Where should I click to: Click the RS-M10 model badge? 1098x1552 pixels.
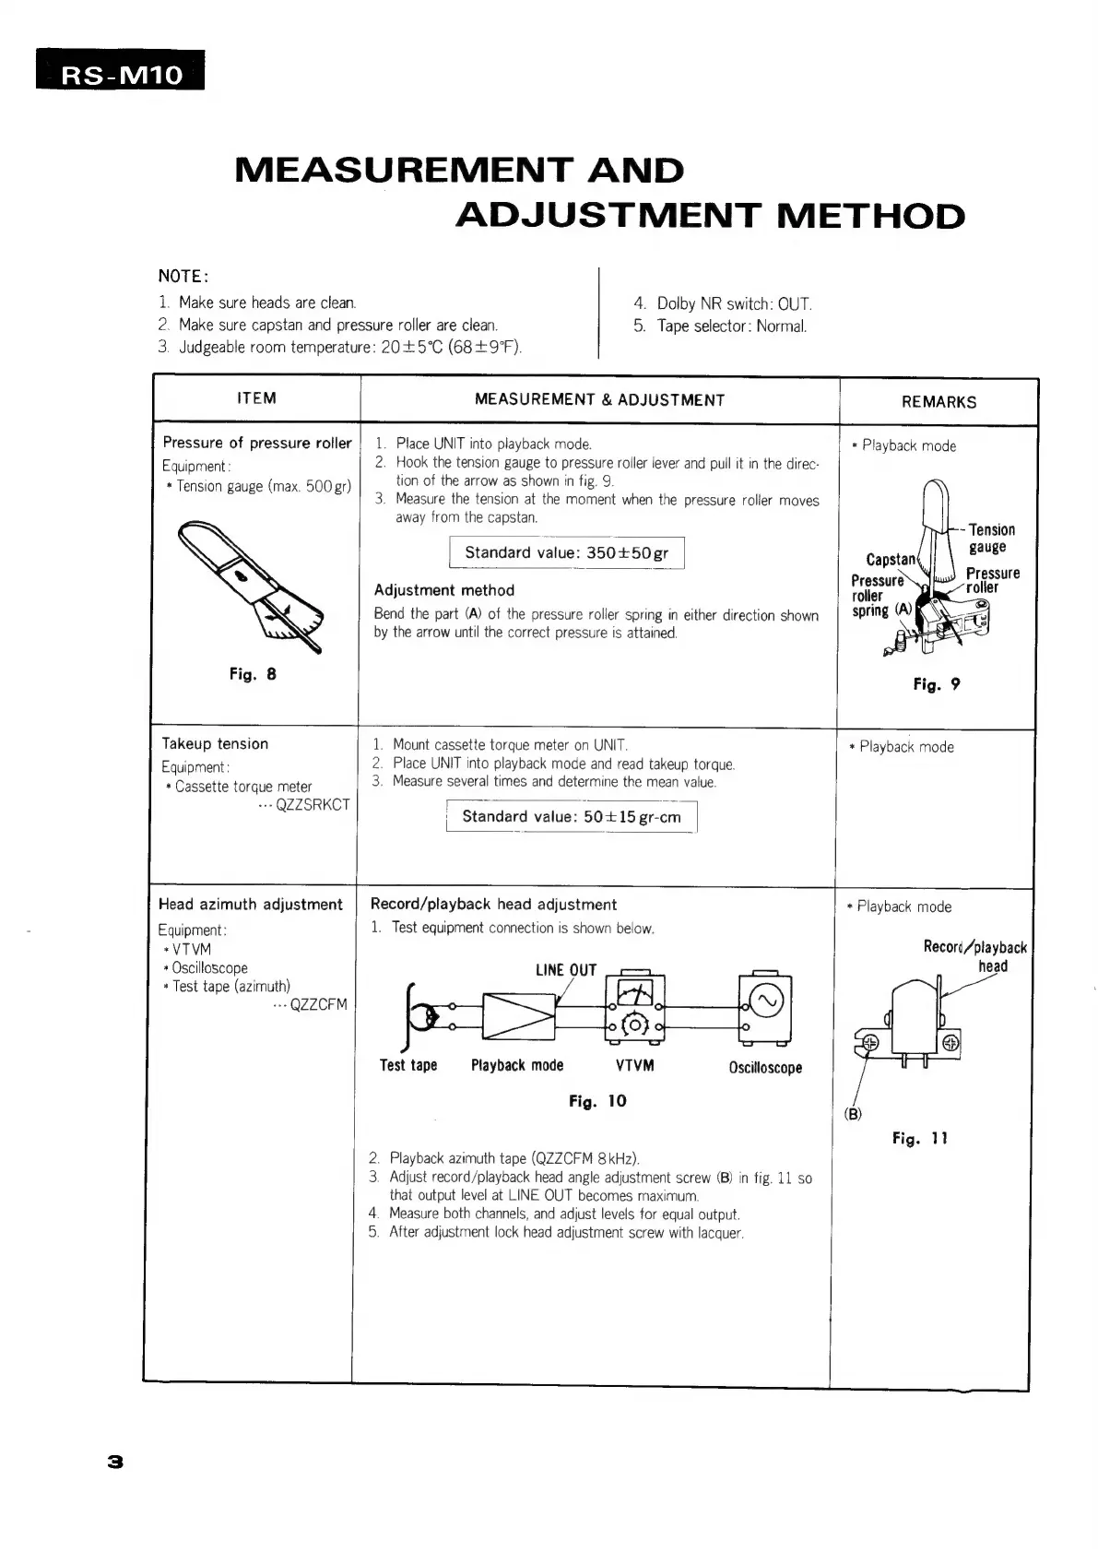point(121,73)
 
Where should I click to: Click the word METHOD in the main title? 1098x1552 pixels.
point(870,217)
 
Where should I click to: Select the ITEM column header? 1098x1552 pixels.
point(256,398)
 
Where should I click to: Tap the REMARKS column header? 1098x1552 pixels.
point(939,401)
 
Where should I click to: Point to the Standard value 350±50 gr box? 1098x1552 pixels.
point(566,553)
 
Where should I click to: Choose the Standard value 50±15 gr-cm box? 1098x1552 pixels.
point(572,817)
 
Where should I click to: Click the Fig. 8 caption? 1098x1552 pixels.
point(253,674)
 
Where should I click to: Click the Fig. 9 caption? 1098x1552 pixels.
point(937,684)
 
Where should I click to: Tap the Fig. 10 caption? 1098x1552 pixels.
point(597,1101)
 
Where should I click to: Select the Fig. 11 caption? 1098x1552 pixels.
point(919,1139)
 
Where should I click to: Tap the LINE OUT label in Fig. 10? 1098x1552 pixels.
point(566,970)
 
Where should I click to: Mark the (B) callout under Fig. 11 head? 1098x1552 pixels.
point(853,1114)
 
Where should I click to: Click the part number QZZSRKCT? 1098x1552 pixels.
point(313,805)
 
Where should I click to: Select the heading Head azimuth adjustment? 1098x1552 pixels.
point(251,905)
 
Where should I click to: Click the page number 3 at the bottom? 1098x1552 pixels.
point(115,1462)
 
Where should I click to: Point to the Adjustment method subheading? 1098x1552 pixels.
point(444,590)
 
